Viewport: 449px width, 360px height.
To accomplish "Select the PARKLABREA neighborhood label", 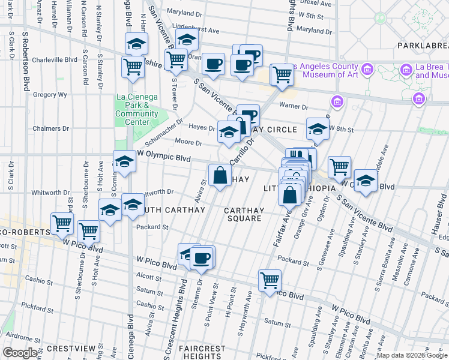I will [423, 46].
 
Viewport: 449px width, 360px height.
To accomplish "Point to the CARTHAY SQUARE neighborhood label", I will [243, 214].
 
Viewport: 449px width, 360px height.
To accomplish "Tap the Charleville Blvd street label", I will [55, 60].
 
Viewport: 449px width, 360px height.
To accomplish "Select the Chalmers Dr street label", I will [54, 128].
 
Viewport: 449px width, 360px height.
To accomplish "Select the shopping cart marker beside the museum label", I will [282, 75].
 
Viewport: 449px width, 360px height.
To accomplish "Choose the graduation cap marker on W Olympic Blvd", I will [124, 161].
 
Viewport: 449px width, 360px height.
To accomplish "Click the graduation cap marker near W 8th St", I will [318, 128].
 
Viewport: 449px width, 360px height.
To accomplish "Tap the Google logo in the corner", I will [20, 353].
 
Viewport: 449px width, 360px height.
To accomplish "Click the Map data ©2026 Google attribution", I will [412, 355].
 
